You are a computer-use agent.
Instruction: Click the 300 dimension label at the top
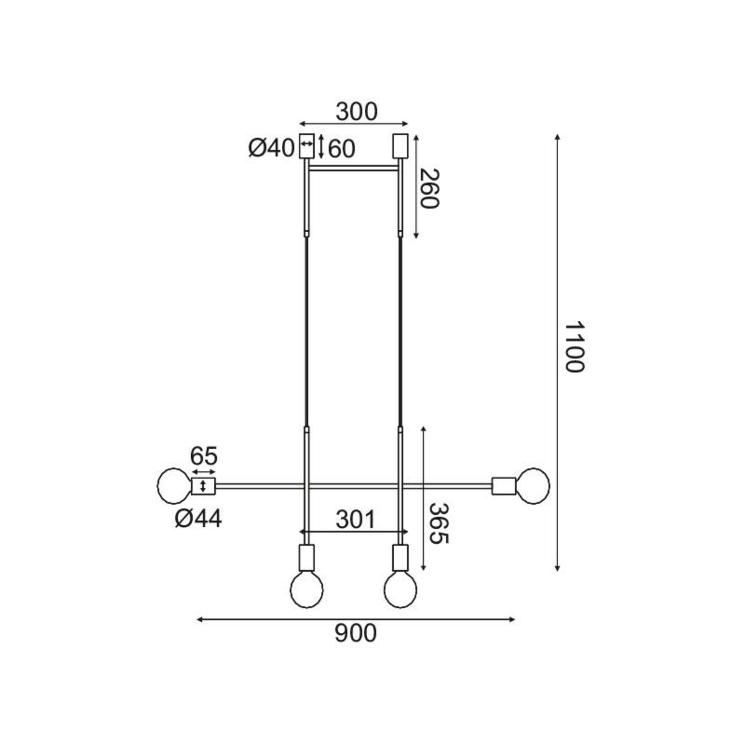(x=356, y=112)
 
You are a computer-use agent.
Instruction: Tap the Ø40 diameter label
(x=271, y=148)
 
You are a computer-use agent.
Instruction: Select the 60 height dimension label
(x=341, y=149)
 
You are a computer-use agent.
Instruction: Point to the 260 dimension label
(x=430, y=189)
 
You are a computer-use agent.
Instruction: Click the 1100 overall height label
(x=574, y=347)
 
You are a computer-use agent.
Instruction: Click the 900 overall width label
(x=355, y=634)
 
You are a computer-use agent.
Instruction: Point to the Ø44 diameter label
(x=198, y=518)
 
